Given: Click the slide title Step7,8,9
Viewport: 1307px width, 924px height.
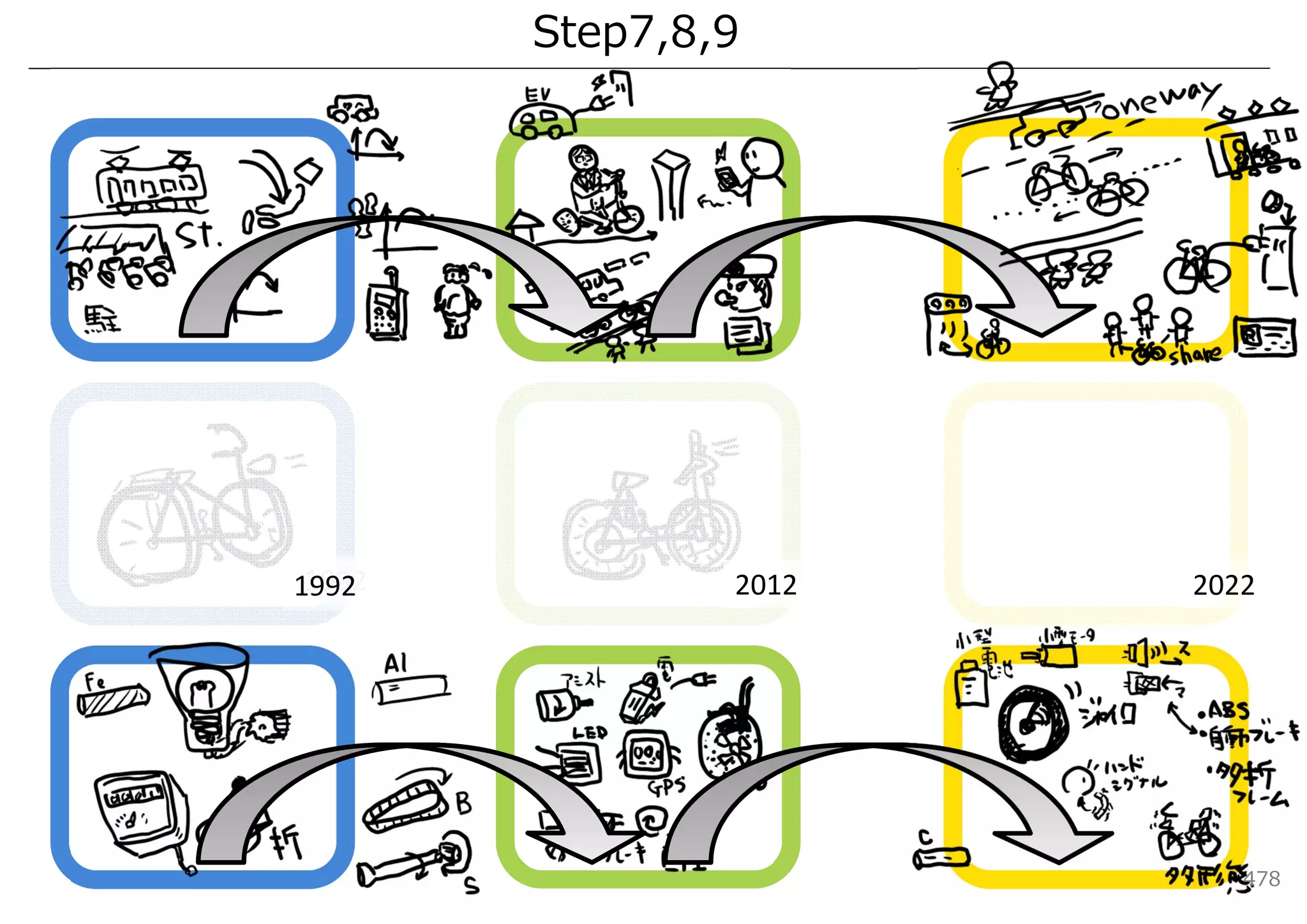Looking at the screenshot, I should (635, 32).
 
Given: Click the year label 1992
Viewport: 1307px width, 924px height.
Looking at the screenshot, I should (324, 586).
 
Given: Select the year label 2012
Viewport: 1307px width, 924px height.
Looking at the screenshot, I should (765, 585).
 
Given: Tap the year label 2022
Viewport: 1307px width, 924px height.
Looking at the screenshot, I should (1223, 585).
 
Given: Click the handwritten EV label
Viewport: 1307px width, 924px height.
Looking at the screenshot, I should (537, 96).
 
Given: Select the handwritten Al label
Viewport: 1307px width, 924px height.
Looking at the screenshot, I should (396, 664).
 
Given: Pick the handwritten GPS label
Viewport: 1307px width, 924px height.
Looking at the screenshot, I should (667, 786).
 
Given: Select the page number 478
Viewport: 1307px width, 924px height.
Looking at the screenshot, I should (1261, 879).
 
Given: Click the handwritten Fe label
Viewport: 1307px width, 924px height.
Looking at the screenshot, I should (94, 681).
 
